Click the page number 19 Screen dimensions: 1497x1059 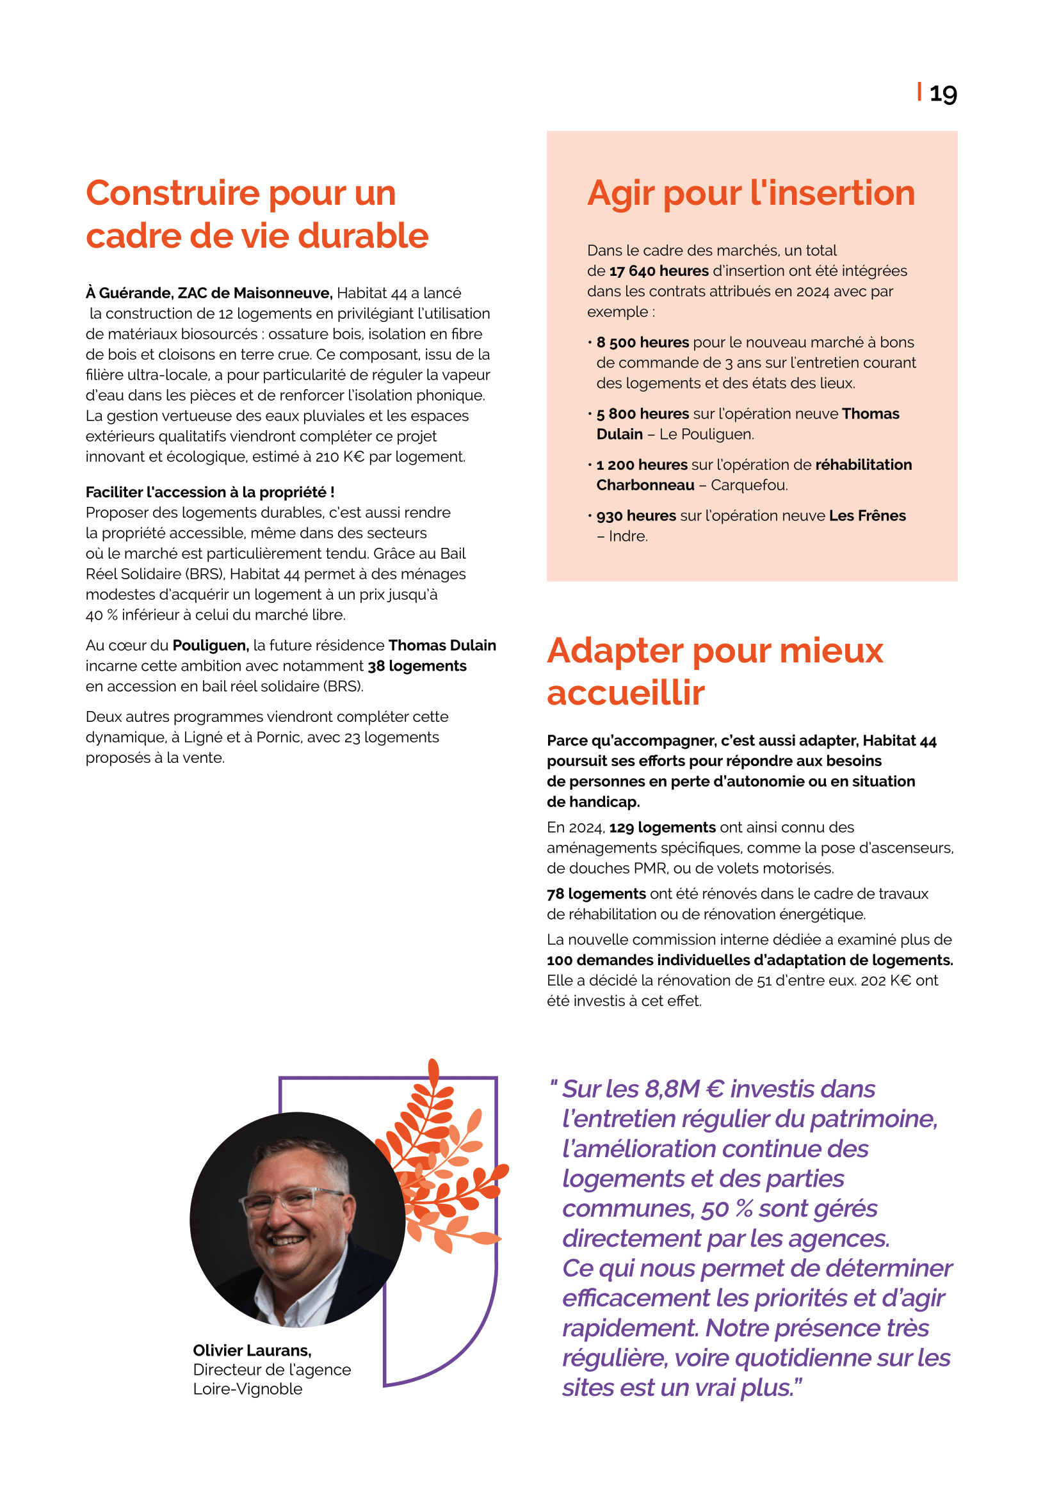(942, 94)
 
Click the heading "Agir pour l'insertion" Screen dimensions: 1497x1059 (750, 193)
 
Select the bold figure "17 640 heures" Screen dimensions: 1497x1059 (659, 271)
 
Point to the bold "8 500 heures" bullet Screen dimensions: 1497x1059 (642, 342)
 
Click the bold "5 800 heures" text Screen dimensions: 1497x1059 (642, 414)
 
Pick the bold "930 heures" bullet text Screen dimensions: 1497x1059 (636, 516)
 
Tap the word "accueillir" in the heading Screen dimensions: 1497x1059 (626, 692)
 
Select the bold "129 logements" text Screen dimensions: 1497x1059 (663, 828)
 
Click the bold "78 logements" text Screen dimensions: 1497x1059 (596, 894)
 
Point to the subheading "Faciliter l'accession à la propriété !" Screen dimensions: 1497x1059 (210, 492)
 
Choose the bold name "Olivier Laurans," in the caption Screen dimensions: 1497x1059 (252, 1350)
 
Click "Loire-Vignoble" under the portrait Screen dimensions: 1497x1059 (248, 1389)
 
